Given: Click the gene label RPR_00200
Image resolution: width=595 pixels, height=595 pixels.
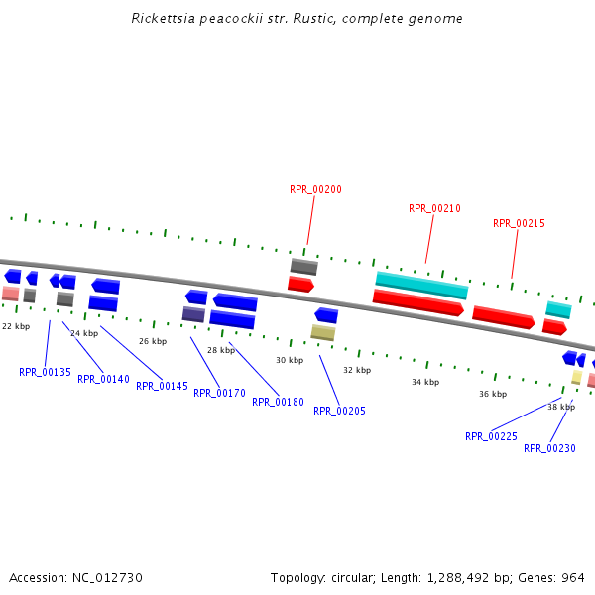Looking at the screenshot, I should (x=315, y=189).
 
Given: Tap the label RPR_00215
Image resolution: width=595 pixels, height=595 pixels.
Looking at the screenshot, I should (x=519, y=224).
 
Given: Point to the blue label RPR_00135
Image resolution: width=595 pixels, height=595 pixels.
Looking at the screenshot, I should (x=45, y=373).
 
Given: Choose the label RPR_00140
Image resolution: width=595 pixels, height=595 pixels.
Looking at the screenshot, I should (x=103, y=379).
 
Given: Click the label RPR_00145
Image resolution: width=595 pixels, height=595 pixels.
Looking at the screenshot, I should (x=162, y=386).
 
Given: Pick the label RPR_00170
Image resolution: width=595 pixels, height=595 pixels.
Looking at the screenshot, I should (x=219, y=393).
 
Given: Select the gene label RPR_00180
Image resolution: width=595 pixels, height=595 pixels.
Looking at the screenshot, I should (x=278, y=402).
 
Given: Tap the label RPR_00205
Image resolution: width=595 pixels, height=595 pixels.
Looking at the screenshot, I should (x=339, y=411).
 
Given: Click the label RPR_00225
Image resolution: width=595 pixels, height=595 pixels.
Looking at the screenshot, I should (x=491, y=436).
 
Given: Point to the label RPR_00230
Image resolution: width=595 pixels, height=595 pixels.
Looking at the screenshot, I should (x=549, y=448).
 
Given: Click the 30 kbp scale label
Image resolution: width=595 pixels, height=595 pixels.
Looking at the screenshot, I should (x=290, y=361).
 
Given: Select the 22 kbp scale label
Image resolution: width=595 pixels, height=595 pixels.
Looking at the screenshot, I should (x=16, y=326).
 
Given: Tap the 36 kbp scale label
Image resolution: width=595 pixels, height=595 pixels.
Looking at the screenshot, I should (x=493, y=394).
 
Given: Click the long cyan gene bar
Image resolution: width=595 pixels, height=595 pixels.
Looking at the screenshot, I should (x=421, y=286).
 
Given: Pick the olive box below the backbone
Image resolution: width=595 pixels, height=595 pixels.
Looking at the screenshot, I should (x=322, y=332).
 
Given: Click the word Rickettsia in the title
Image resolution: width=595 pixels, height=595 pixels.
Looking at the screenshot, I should (x=161, y=19).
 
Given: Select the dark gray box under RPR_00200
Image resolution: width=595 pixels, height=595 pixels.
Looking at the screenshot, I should (x=303, y=266).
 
